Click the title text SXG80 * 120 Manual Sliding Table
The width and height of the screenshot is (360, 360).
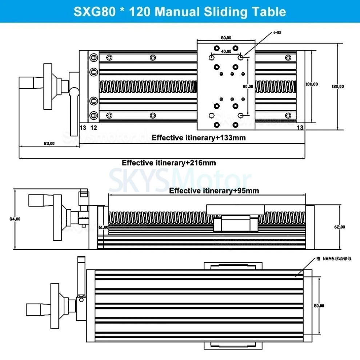click(180, 11)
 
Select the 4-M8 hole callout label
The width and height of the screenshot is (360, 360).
click(277, 33)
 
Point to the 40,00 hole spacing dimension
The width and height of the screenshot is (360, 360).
click(226, 51)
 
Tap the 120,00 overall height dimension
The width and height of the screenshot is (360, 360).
click(338, 87)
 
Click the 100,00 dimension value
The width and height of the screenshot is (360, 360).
click(312, 84)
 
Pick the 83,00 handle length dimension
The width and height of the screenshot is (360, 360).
click(49, 143)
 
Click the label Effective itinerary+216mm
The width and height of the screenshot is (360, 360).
click(169, 163)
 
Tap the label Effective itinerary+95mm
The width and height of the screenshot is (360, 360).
click(214, 191)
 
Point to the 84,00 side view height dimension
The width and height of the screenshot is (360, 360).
click(15, 219)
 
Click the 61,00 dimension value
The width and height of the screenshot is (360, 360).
click(104, 227)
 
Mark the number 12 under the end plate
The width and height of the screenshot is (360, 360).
click(93, 127)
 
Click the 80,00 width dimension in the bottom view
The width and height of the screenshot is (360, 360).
click(319, 306)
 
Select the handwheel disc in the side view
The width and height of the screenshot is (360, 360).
click(57, 217)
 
